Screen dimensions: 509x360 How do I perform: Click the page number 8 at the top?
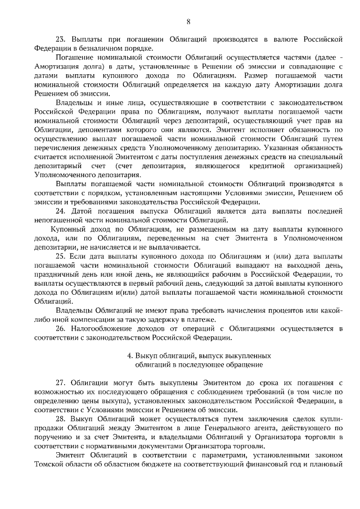click(188, 22)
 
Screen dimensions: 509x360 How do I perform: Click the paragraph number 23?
click(61, 40)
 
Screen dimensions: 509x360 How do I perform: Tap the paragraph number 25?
click(61, 256)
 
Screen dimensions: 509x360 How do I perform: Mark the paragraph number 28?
click(61, 420)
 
